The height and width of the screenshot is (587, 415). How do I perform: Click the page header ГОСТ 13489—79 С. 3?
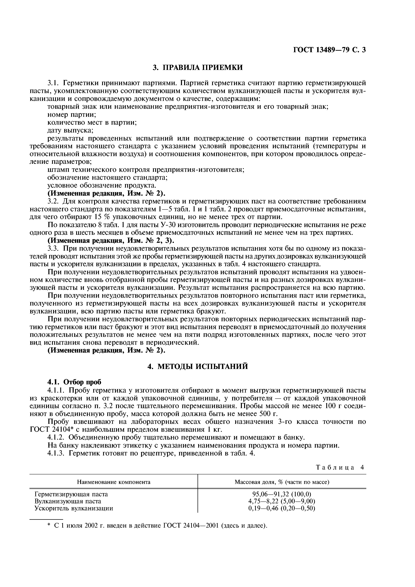pos(329,50)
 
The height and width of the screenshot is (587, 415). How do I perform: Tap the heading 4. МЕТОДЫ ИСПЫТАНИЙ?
pos(198,366)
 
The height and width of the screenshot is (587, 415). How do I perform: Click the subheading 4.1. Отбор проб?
pos(74,382)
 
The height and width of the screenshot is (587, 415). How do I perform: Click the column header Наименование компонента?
pos(114,482)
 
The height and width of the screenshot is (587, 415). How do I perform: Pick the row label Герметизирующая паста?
pos(71,494)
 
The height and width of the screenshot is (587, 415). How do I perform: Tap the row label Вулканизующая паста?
pos(68,501)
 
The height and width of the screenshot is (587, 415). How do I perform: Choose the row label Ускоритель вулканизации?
pos(74,508)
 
